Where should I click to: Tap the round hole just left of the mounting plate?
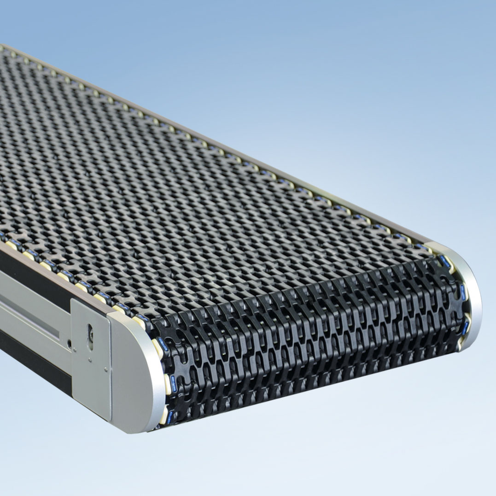pos(69,343)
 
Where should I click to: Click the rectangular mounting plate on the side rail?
pos(91,359)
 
